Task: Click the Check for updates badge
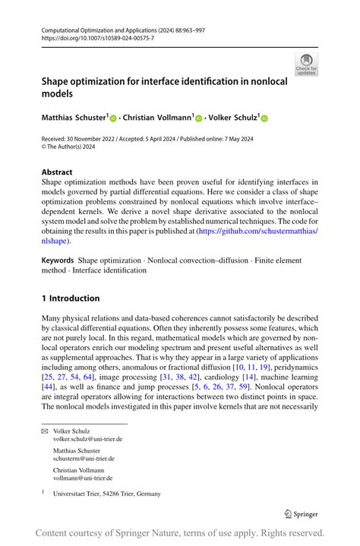click(306, 64)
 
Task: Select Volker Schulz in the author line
click(232, 118)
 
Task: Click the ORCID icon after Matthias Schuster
click(114, 119)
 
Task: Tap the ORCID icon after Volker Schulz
click(265, 119)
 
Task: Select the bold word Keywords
click(58, 260)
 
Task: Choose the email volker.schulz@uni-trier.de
click(87, 439)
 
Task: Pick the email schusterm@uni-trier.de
click(84, 459)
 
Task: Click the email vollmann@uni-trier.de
click(83, 478)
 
